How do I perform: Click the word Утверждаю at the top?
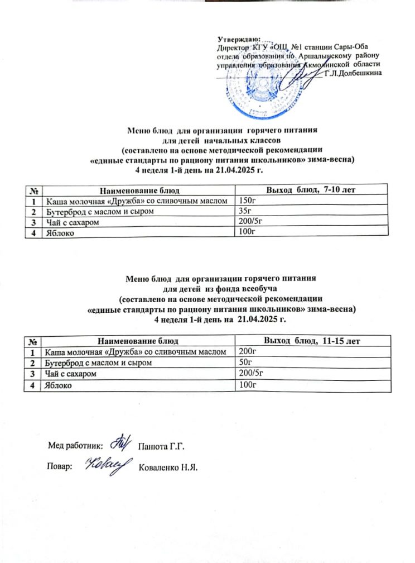click(x=238, y=39)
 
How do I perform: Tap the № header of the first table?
click(x=34, y=191)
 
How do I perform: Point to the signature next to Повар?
click(x=107, y=465)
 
